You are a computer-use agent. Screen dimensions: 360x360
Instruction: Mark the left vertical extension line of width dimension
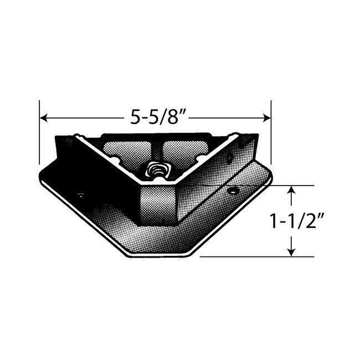pos(39,133)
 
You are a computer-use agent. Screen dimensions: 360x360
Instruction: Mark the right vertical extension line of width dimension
pos(270,133)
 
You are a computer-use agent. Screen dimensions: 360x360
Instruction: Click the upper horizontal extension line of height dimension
pos(288,185)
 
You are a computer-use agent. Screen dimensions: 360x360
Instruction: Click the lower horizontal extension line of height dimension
pos(249,257)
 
